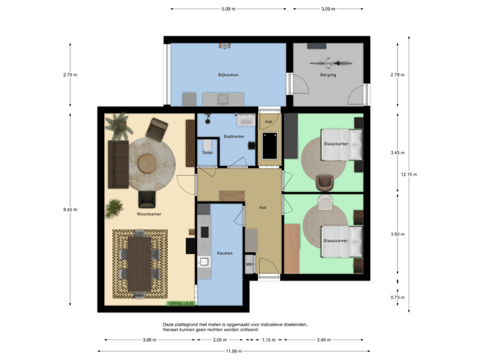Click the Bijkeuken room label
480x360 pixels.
click(x=228, y=75)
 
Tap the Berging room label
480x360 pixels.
click(x=328, y=75)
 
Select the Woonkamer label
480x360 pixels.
click(x=150, y=214)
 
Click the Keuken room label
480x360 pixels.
click(x=224, y=253)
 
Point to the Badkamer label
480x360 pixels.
click(x=235, y=136)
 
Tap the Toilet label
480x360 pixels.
click(x=207, y=153)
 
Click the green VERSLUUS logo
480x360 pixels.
click(x=180, y=303)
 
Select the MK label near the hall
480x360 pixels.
click(x=249, y=265)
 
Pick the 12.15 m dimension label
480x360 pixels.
click(x=409, y=175)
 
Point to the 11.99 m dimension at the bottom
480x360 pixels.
click(x=233, y=351)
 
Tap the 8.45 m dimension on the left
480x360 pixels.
click(x=70, y=209)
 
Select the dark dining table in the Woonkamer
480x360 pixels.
click(x=140, y=263)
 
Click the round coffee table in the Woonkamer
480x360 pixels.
click(x=147, y=162)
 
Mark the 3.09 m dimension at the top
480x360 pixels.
click(x=328, y=9)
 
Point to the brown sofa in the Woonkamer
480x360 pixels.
click(x=119, y=164)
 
